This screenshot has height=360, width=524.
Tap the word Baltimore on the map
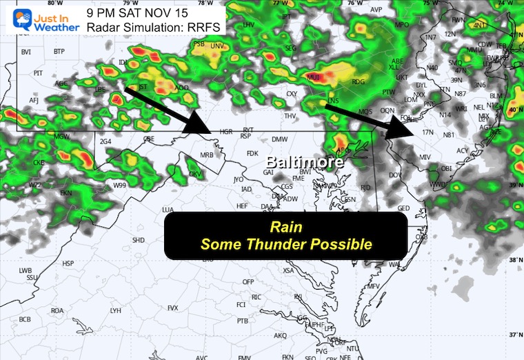pyautogui.click(x=305, y=163)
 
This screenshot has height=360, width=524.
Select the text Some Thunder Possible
pyautogui.click(x=285, y=244)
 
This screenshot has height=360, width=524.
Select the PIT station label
pyautogui.click(x=38, y=72)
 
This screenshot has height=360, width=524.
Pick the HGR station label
pyautogui.click(x=225, y=131)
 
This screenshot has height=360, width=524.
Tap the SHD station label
pyautogui.click(x=138, y=240)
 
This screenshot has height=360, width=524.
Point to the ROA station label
pyautogui.click(x=57, y=310)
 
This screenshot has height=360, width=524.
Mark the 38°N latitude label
pyautogui.click(x=514, y=261)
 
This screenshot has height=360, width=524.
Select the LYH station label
pyautogui.click(x=116, y=311)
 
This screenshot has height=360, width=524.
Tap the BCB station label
pyautogui.click(x=25, y=319)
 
